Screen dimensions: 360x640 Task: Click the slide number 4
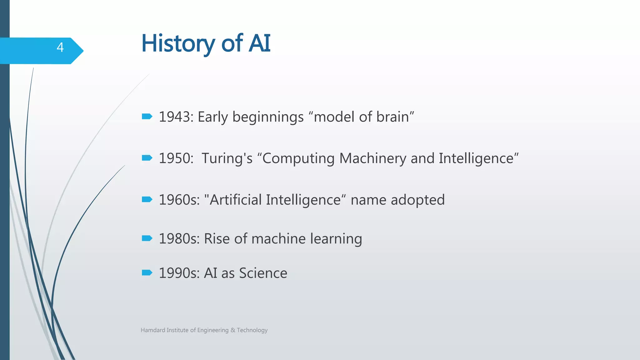click(x=60, y=47)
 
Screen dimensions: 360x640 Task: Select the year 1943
click(x=176, y=117)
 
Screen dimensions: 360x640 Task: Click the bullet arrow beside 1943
click(x=147, y=117)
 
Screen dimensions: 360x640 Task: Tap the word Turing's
click(x=227, y=158)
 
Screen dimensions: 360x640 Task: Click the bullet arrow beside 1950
click(x=147, y=158)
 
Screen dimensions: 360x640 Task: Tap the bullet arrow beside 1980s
click(x=147, y=238)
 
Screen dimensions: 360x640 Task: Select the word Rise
click(x=217, y=239)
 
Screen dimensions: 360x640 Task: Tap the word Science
click(x=263, y=273)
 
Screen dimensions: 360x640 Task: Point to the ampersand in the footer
click(x=233, y=330)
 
